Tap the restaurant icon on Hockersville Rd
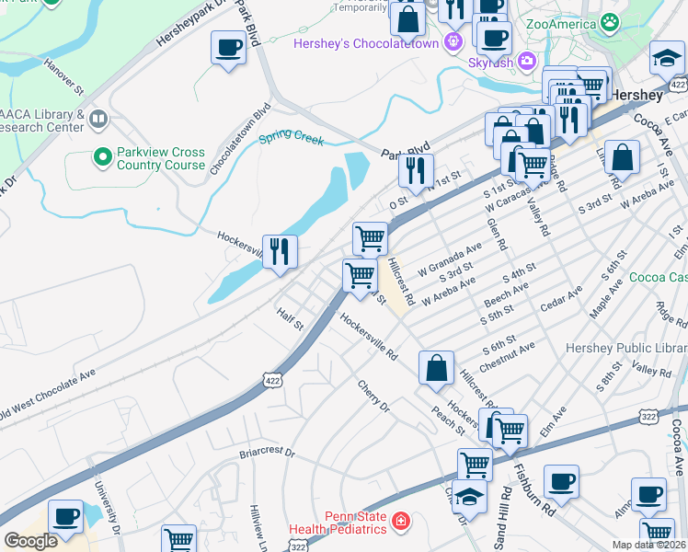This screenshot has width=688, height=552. [x=280, y=250]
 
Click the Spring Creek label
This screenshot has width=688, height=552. [x=291, y=139]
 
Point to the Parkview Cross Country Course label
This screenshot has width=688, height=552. [x=160, y=158]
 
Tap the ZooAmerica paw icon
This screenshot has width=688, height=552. [x=608, y=20]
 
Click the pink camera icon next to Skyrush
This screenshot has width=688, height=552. [x=527, y=62]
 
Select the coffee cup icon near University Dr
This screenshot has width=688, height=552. [x=64, y=517]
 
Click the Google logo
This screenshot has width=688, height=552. [x=30, y=541]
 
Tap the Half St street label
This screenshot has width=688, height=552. [x=291, y=320]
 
